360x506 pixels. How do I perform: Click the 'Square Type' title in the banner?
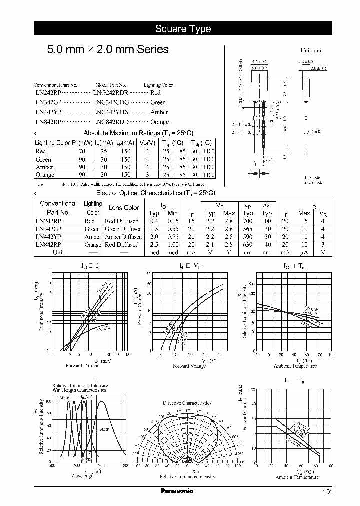tap(182, 29)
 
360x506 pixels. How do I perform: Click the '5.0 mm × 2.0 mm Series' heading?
tap(107, 50)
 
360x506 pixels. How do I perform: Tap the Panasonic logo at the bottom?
tap(177, 491)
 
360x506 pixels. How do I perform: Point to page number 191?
tap(327, 492)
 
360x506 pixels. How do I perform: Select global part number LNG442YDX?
tap(111, 112)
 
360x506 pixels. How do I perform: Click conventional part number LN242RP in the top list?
tap(48, 93)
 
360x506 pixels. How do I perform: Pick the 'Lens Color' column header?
tap(124, 208)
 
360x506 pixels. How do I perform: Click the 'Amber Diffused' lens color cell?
tap(122, 237)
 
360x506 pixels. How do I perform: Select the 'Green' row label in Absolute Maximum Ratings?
tap(44, 159)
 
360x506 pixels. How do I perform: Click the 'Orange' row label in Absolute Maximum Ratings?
tap(45, 175)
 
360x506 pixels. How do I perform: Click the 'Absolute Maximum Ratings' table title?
tap(131, 133)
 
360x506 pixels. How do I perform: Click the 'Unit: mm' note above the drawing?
tap(311, 51)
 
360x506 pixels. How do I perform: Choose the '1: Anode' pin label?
tap(313, 178)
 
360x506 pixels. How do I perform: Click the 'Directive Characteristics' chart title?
tap(187, 403)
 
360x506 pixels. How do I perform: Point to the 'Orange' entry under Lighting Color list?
tap(159, 122)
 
